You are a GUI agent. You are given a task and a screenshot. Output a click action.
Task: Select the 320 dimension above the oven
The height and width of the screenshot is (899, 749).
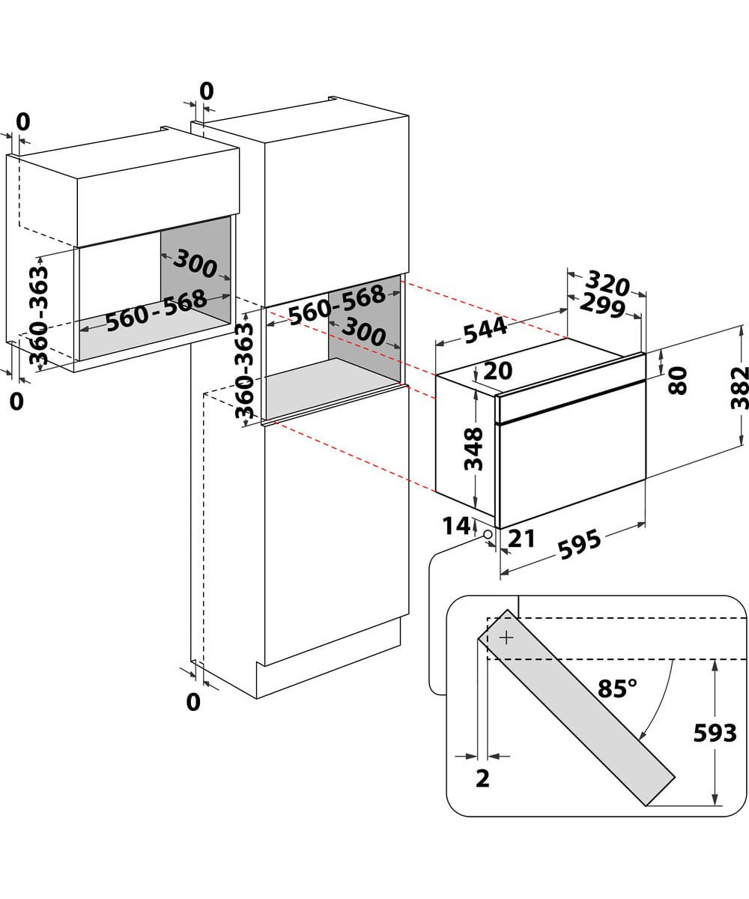(x=607, y=284)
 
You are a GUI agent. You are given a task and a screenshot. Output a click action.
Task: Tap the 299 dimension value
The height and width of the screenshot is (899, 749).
(x=602, y=306)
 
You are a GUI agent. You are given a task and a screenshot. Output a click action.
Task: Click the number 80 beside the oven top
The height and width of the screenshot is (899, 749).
(x=677, y=381)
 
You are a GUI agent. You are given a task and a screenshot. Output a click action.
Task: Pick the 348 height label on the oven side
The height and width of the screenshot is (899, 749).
(x=473, y=449)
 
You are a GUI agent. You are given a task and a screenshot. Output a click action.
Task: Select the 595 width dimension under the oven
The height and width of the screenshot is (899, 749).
(x=580, y=545)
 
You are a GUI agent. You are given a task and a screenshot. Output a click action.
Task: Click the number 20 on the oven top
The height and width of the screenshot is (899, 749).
(x=498, y=371)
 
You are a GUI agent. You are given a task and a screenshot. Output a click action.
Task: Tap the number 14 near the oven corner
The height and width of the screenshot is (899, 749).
(x=455, y=526)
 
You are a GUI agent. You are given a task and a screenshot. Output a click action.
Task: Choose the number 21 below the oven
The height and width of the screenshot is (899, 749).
(x=521, y=538)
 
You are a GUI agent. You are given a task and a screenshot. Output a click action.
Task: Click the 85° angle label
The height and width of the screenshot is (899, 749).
(x=617, y=688)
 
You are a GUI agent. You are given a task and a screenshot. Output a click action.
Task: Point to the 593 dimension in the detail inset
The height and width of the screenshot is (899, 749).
(x=715, y=733)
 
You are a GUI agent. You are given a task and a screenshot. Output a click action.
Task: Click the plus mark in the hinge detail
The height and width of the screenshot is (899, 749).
(x=507, y=638)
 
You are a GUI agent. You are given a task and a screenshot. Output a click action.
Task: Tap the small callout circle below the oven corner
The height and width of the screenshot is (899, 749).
(x=488, y=534)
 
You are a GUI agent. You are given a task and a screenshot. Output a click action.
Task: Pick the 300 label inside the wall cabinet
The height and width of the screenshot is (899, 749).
(x=195, y=263)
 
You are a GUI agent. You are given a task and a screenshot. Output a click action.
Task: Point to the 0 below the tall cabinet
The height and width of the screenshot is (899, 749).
(x=193, y=702)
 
